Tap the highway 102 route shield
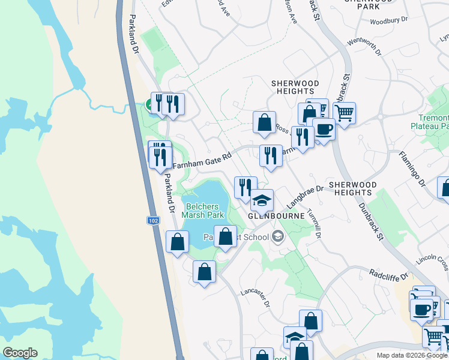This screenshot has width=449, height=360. (153, 221)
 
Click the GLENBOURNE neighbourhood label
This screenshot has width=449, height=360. (272, 215)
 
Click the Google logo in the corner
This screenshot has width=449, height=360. (20, 353)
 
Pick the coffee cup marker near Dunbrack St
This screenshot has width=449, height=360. (324, 129)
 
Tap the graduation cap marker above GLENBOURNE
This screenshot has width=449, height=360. (262, 200)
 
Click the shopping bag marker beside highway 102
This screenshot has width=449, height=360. (177, 242)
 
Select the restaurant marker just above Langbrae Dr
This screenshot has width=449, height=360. (245, 187)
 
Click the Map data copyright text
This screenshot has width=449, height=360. (411, 355)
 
